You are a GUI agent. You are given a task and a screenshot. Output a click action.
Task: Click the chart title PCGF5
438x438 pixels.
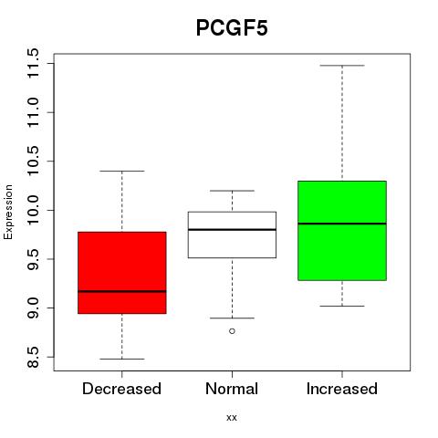pyautogui.click(x=232, y=28)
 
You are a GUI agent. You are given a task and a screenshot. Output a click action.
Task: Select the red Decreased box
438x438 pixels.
pyautogui.click(x=122, y=273)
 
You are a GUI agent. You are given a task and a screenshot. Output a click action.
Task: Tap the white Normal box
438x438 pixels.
pyautogui.click(x=232, y=235)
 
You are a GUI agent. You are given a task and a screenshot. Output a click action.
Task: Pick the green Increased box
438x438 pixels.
pyautogui.click(x=342, y=231)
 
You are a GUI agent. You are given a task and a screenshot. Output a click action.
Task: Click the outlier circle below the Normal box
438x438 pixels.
pyautogui.click(x=232, y=331)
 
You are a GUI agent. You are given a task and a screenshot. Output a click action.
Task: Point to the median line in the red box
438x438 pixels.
pyautogui.click(x=122, y=291)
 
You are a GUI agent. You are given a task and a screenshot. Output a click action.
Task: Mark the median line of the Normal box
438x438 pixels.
pyautogui.click(x=232, y=230)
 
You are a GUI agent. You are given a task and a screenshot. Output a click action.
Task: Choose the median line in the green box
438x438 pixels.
pyautogui.click(x=342, y=224)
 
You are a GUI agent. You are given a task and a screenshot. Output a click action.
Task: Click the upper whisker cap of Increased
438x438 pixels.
pyautogui.click(x=342, y=66)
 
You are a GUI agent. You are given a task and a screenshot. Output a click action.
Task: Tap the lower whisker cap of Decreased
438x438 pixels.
pyautogui.click(x=122, y=359)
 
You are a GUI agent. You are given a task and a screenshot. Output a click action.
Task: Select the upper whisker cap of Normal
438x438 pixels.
pyautogui.click(x=232, y=191)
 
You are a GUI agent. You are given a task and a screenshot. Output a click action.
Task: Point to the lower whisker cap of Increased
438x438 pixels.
pyautogui.click(x=342, y=306)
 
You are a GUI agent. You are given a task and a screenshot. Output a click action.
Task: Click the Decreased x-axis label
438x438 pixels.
pyautogui.click(x=121, y=389)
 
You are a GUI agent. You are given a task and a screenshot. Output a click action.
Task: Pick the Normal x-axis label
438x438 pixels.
pyautogui.click(x=232, y=389)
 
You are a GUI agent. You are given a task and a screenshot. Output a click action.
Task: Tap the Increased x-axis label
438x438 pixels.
pyautogui.click(x=342, y=389)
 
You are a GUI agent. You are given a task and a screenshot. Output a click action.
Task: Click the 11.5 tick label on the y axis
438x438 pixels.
pyautogui.click(x=33, y=64)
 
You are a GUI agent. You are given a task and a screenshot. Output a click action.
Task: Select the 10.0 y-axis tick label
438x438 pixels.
pyautogui.click(x=33, y=210)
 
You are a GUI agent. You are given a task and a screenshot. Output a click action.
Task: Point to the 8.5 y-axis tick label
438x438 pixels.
pyautogui.click(x=33, y=357)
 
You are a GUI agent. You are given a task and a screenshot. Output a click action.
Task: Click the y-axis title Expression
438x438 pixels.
pyautogui.click(x=8, y=212)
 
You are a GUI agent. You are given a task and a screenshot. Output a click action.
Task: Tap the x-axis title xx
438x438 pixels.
pyautogui.click(x=232, y=418)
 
